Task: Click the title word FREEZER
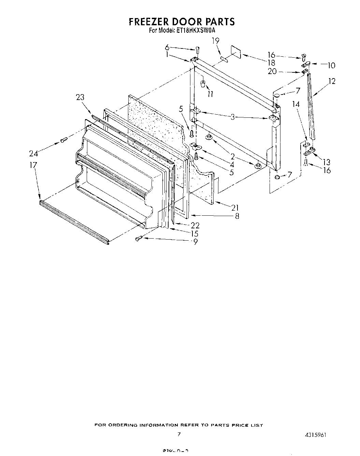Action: coord(149,22)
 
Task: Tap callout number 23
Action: coord(80,97)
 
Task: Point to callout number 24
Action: coord(34,153)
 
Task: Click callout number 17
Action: coord(33,165)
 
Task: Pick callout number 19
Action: coord(215,41)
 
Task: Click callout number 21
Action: coord(235,208)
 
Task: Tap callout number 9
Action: coord(195,242)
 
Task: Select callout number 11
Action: coord(210,94)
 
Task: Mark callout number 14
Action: coord(296,104)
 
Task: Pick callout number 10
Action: coord(331,65)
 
